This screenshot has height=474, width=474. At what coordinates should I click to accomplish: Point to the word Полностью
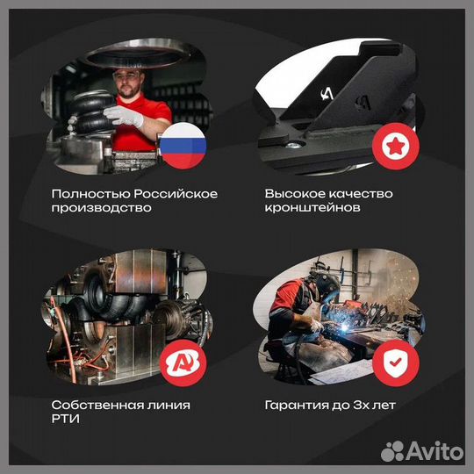tap(85, 193)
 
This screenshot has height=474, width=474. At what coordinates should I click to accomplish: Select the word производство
tap(101, 209)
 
